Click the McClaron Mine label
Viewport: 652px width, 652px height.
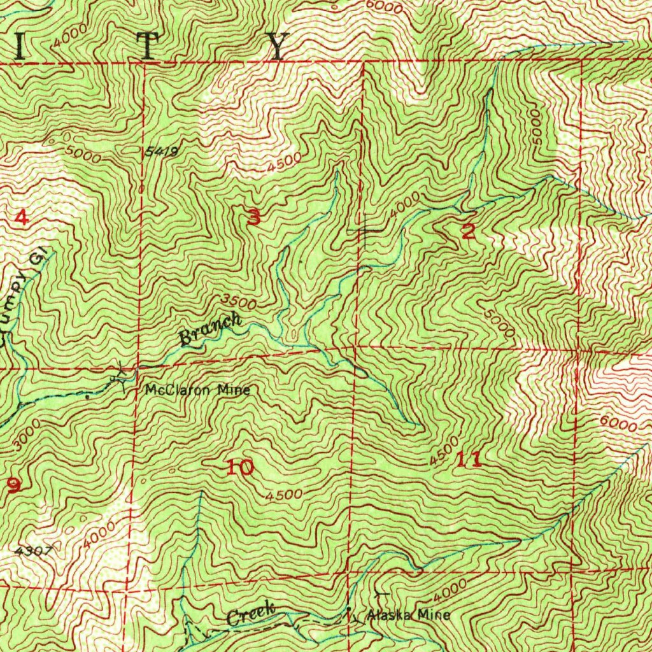pyautogui.click(x=197, y=390)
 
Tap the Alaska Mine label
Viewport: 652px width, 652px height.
pyautogui.click(x=408, y=615)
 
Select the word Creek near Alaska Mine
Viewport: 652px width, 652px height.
pyautogui.click(x=250, y=616)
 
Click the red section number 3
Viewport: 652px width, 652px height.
pyautogui.click(x=254, y=218)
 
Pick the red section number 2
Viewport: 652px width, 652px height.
pyautogui.click(x=468, y=232)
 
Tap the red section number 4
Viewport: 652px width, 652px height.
pyautogui.click(x=21, y=218)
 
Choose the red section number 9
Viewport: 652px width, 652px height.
pyautogui.click(x=13, y=485)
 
